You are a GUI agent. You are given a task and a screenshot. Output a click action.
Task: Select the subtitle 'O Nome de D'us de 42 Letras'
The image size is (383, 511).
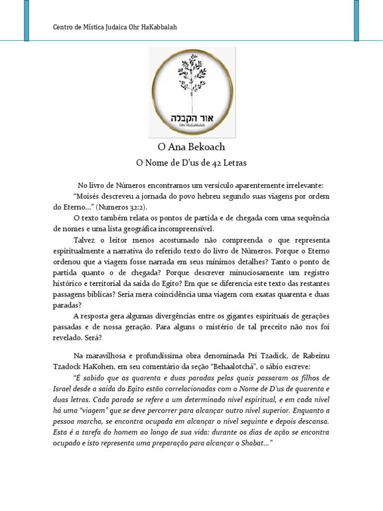[191, 163]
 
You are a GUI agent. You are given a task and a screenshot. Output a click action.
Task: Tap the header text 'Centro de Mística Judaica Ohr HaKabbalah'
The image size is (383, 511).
[115, 27]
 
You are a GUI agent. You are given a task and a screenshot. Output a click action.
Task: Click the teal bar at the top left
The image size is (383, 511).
[26, 20]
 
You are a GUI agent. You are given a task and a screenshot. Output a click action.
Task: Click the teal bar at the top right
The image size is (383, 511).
[357, 20]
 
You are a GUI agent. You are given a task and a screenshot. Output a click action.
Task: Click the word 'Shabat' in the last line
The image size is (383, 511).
[251, 443]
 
